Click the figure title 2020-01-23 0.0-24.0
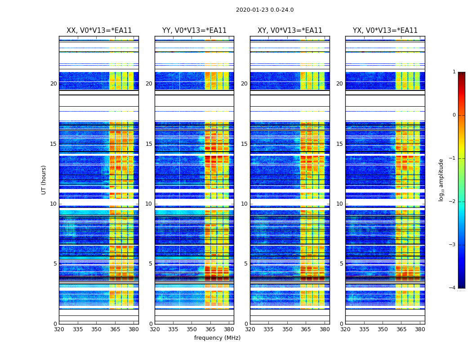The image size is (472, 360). coord(265,10)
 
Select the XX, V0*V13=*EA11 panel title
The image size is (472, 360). coord(99,31)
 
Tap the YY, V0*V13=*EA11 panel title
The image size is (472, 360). coord(194,31)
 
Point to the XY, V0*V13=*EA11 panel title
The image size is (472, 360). coord(289,31)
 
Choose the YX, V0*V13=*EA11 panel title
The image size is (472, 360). coord(385,31)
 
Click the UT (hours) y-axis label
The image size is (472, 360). coord(44,180)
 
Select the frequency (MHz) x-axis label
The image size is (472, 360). coord(217,338)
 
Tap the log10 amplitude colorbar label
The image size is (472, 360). coord(441,180)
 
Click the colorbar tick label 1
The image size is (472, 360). coord(454,72)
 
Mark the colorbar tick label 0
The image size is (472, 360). coord(454,115)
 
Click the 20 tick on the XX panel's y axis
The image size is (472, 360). coord(53,84)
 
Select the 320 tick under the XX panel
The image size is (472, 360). coord(59,329)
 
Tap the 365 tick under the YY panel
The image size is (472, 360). coord(210,329)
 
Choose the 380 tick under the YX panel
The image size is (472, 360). coord(420,329)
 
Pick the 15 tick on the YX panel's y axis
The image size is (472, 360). coord(339,144)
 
